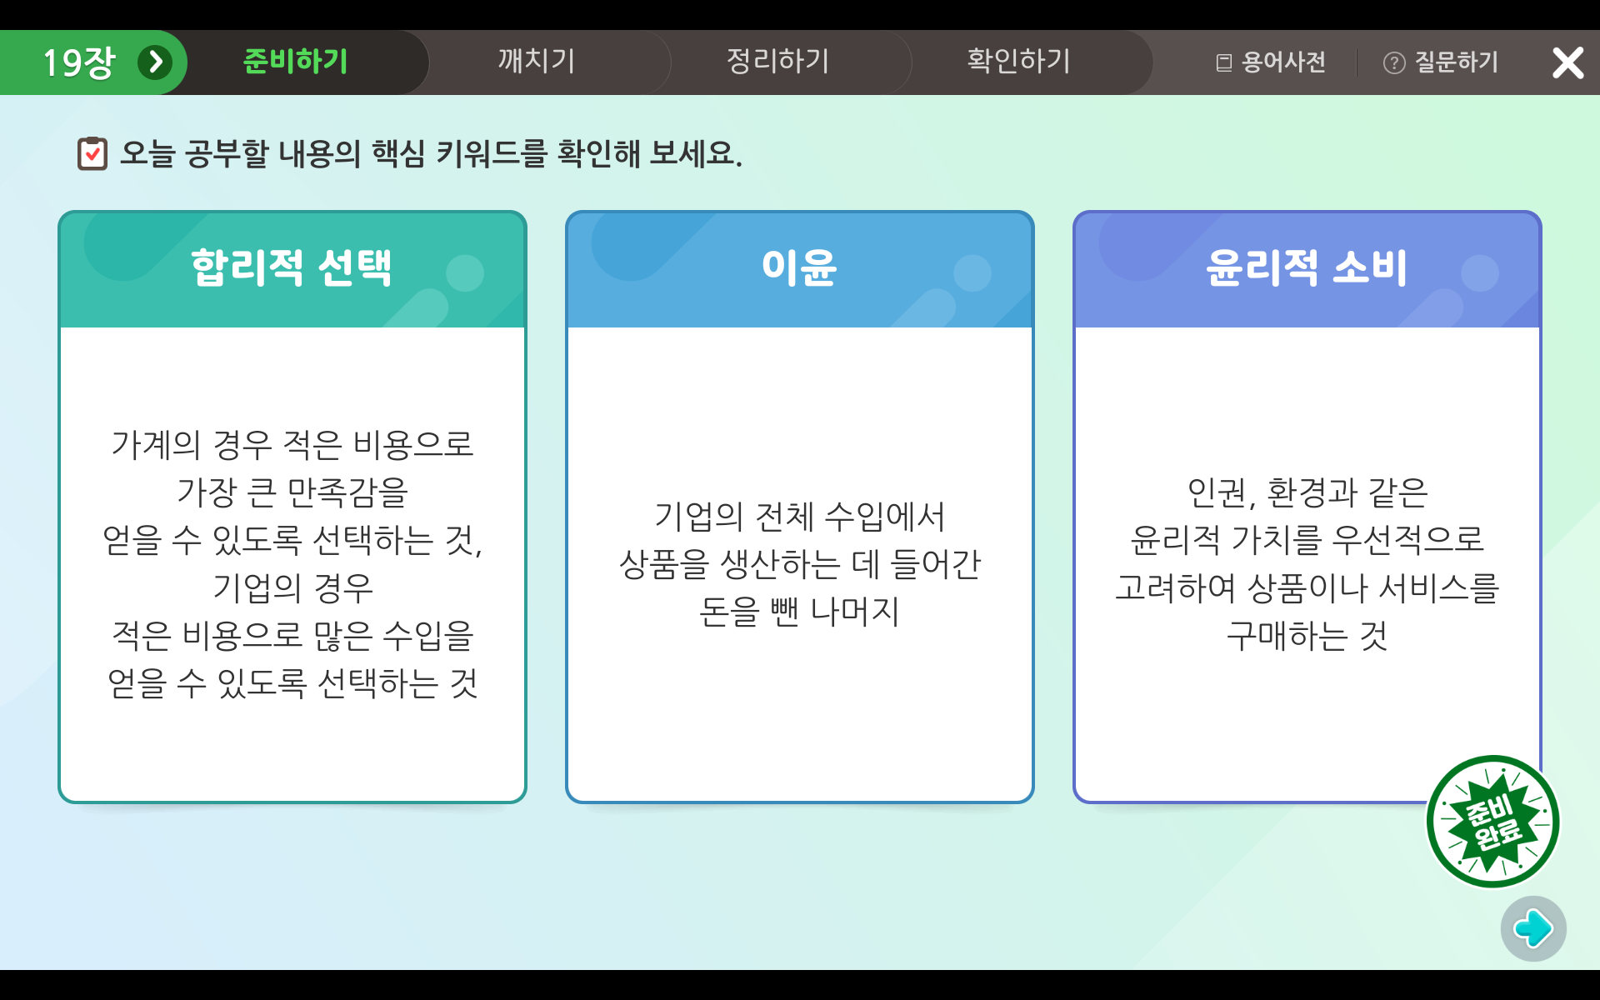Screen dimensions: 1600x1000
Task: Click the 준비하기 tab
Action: coord(295,62)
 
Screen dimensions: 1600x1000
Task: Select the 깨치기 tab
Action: coord(537,62)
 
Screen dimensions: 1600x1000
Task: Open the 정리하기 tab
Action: coord(777,62)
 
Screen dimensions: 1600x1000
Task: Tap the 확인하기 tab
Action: coord(1018,62)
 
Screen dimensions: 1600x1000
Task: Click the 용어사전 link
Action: coord(1271,62)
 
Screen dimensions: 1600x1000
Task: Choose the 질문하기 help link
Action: coord(1441,62)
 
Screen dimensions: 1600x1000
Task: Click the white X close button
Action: coord(1567,62)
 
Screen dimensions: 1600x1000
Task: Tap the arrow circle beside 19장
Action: coord(155,62)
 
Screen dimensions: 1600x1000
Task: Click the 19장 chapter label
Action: coord(79,62)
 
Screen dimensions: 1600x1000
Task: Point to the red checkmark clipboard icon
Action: coord(92,153)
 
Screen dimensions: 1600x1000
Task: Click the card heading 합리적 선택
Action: coord(292,268)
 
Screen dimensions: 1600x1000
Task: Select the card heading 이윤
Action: coord(799,268)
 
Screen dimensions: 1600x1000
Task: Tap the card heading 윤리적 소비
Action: coord(1307,268)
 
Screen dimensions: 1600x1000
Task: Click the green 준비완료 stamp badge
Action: coord(1492,822)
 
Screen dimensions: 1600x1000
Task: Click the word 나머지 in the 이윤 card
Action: coord(855,612)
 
